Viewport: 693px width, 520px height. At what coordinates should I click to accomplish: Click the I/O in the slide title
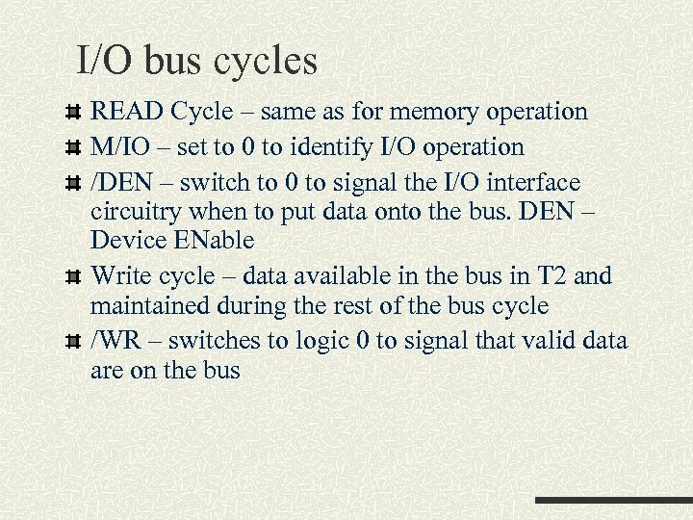[x=106, y=62]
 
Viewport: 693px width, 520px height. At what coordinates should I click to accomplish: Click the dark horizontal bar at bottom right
[x=613, y=501]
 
